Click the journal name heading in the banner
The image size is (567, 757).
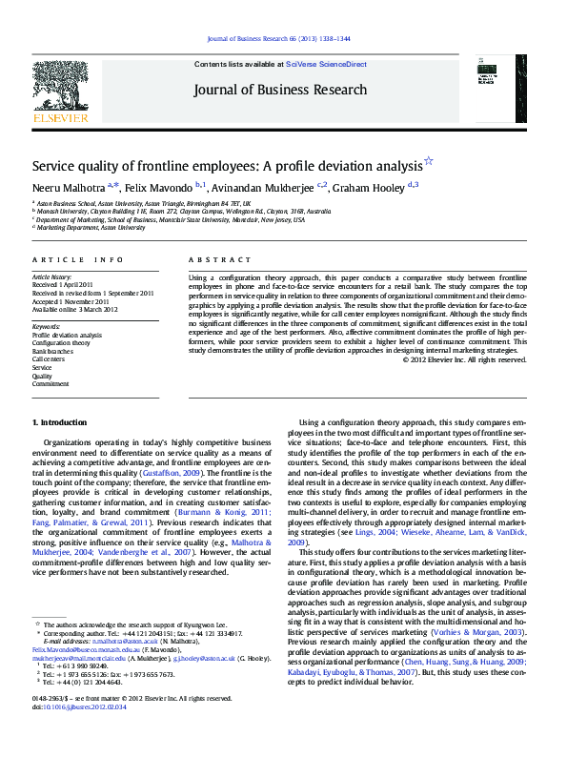click(x=279, y=90)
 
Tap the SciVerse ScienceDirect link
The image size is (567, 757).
click(x=327, y=63)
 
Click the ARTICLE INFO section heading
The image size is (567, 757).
click(x=77, y=259)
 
